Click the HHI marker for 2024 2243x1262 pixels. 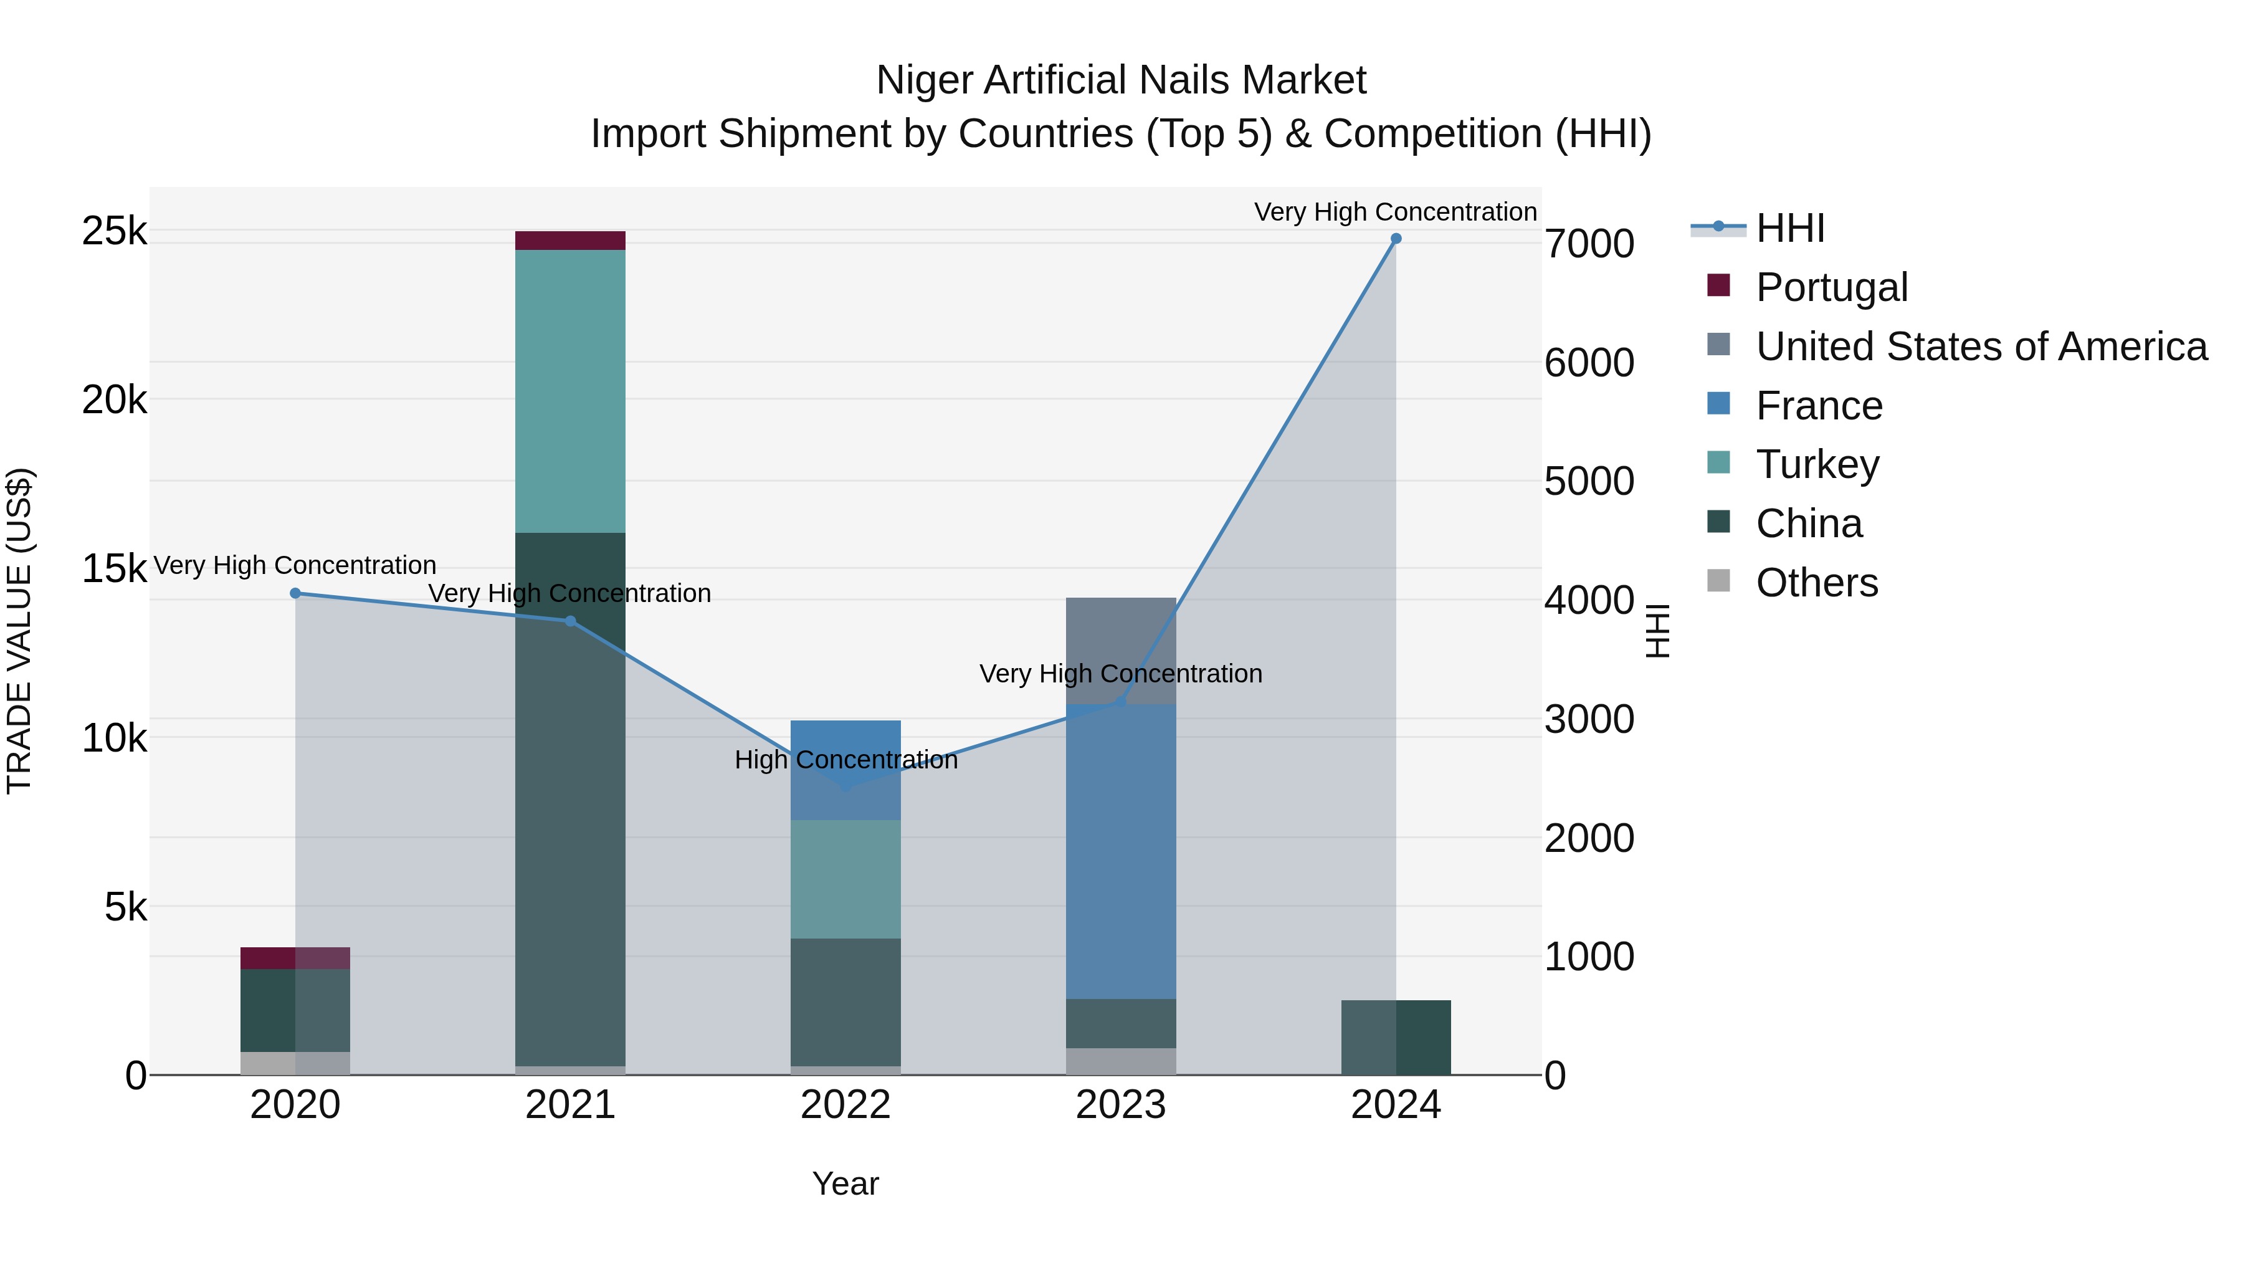[1396, 239]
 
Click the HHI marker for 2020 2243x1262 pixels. [295, 593]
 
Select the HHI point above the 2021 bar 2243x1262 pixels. [570, 621]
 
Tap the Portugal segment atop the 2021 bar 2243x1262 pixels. [570, 241]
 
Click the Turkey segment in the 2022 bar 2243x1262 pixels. [845, 879]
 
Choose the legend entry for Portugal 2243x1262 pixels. [1831, 287]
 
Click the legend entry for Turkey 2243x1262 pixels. [1817, 464]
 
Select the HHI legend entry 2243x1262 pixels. [1789, 228]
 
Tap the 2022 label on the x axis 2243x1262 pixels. [845, 1105]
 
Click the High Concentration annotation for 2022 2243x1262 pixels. [845, 760]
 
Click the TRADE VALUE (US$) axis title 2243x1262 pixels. [19, 631]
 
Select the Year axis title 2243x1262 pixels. [845, 1183]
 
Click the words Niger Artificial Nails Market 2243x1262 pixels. [1121, 80]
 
